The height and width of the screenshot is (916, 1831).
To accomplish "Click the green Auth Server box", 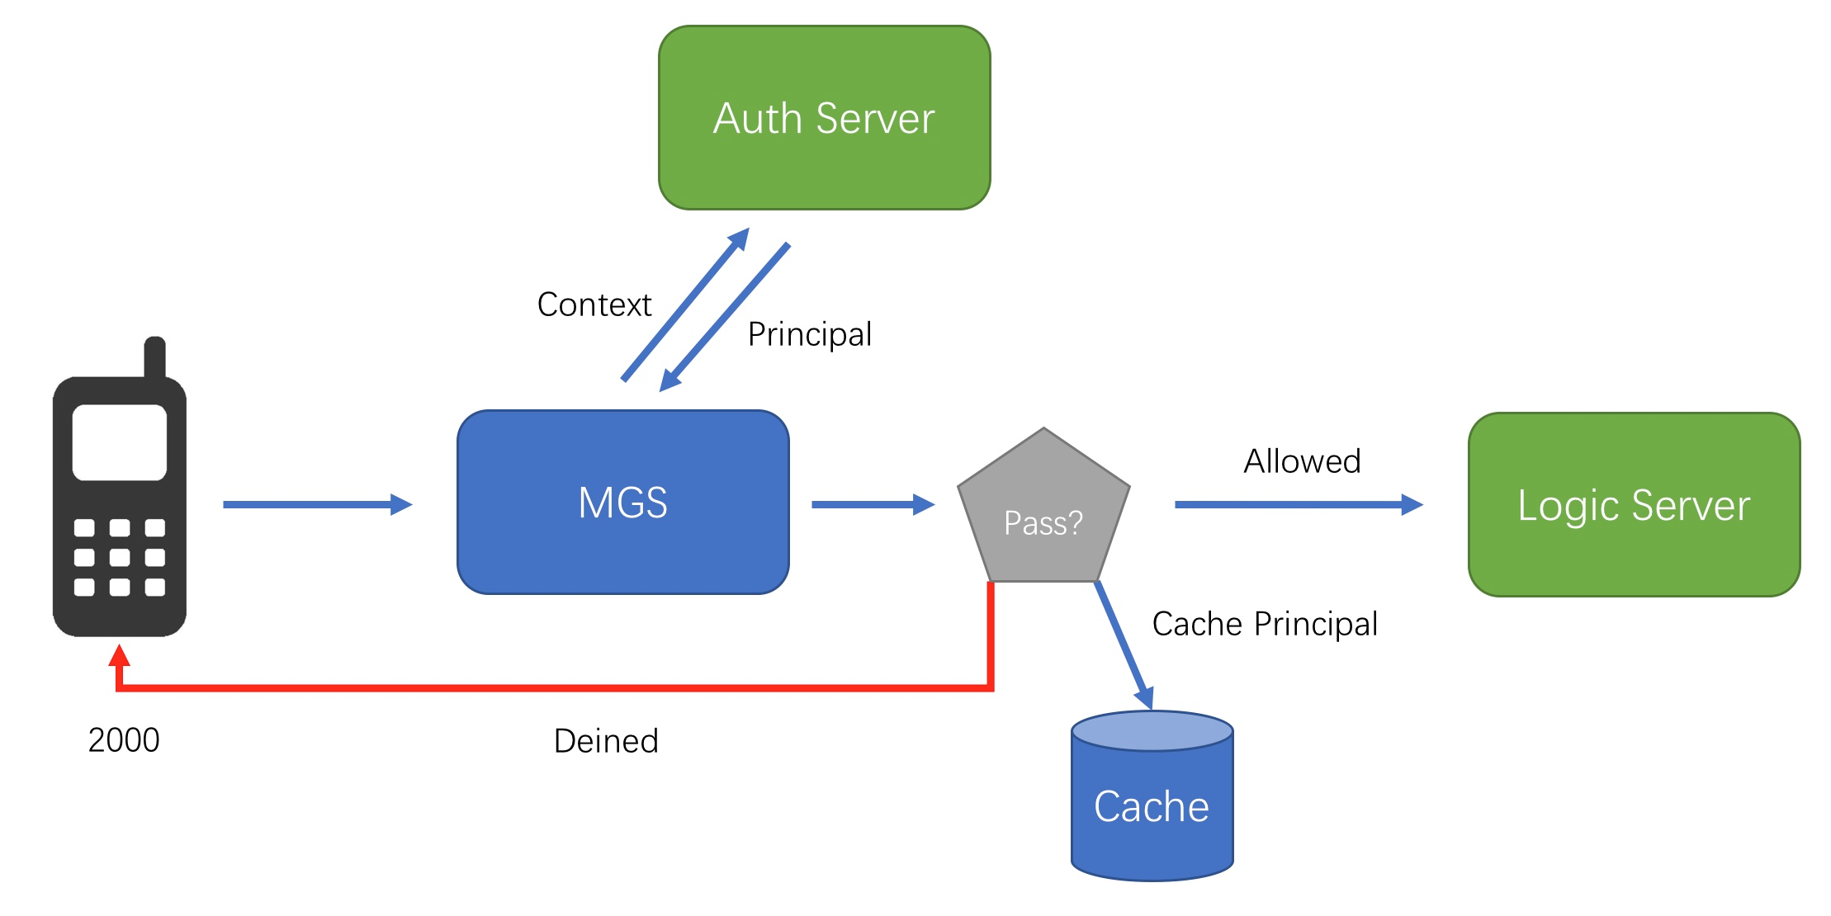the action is coord(824,118).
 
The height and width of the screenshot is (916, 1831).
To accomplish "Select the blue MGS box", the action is coord(623,502).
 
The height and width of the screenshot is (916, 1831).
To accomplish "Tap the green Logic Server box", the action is coord(1634,504).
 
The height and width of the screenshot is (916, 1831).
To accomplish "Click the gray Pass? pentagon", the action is coord(1043,504).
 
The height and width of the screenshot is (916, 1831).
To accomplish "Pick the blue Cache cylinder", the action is coord(1152,796).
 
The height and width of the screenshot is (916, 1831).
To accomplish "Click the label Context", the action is coord(594,305).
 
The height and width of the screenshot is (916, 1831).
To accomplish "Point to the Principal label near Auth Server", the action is coord(810,334).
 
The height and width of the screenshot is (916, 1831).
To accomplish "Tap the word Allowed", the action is coord(1302,461).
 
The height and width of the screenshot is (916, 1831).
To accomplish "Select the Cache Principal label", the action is coord(1265,624).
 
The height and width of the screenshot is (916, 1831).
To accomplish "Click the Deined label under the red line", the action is coord(606,741).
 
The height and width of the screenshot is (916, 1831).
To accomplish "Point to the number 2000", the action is coord(124,740).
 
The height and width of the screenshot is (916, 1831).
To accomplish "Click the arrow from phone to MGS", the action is coord(318,504).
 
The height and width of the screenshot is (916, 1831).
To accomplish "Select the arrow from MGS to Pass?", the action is coord(873,504).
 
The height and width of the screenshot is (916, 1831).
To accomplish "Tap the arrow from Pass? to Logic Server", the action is coord(1299,504).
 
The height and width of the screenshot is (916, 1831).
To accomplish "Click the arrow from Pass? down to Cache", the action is coord(1124,645).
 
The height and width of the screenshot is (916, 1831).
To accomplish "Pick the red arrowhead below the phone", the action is coord(120,655).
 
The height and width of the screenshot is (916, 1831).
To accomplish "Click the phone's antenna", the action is coord(155,357).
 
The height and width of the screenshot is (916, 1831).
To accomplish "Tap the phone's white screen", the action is coord(120,442).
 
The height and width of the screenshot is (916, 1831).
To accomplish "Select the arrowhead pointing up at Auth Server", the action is coord(739,238).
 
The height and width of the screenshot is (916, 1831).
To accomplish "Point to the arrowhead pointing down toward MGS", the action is coord(669,380).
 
